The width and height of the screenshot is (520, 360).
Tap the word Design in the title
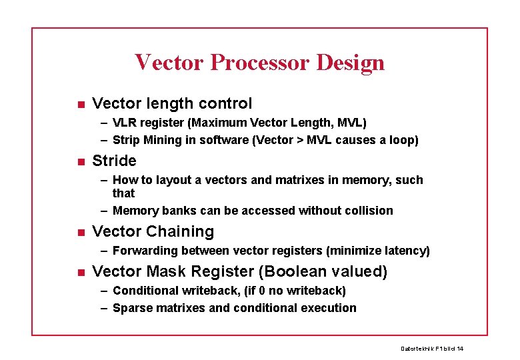coord(351,62)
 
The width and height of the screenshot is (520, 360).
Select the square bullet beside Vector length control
coord(79,104)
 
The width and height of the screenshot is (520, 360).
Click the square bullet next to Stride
coord(79,161)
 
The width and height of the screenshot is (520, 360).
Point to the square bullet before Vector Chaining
coord(79,232)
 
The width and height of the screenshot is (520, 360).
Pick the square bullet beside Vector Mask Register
coord(79,272)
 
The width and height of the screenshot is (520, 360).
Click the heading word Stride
coord(114,161)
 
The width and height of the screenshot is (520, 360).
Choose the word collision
coord(367,211)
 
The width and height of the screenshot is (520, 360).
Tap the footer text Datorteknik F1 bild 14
coord(431,349)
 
